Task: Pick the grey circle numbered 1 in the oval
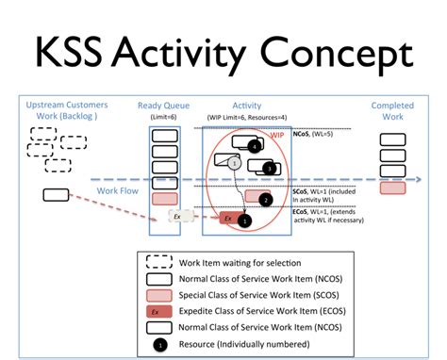click(x=232, y=163)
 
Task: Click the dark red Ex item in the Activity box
click(x=228, y=219)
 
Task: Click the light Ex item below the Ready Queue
click(x=176, y=216)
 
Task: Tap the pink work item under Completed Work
click(x=393, y=188)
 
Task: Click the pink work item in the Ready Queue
click(x=164, y=198)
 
